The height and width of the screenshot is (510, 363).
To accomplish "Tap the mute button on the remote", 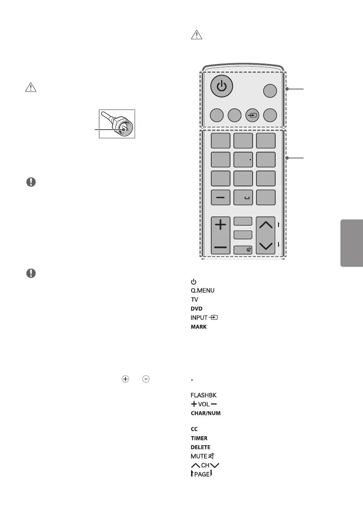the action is point(243,250).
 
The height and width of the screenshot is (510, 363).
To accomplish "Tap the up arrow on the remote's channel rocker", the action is point(266,226).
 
